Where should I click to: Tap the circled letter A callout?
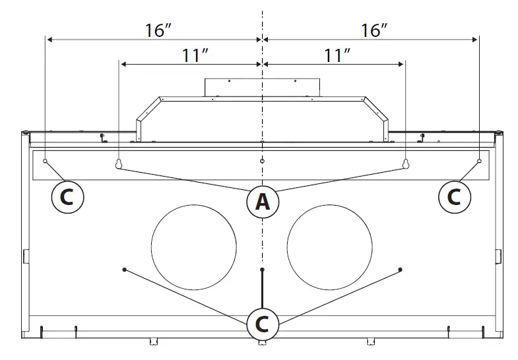262,202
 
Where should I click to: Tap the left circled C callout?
68,196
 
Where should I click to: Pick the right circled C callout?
455,196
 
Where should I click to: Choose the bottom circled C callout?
262,324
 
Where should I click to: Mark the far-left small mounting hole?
45,161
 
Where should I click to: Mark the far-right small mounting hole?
479,161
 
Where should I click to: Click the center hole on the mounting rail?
262,161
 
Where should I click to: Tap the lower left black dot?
124,269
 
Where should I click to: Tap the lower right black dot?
401,269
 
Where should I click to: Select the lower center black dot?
262,270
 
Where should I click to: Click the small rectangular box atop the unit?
262,86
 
